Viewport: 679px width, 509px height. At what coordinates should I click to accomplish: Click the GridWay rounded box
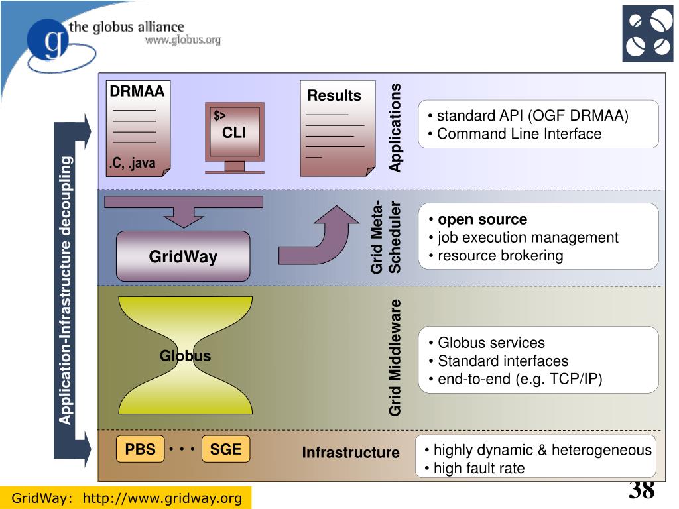point(183,256)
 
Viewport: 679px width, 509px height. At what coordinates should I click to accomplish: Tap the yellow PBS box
point(141,449)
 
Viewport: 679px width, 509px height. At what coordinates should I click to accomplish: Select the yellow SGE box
point(225,449)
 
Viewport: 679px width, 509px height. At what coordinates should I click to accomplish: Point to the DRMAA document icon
point(138,129)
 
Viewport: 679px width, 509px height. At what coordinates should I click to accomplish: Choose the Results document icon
point(338,128)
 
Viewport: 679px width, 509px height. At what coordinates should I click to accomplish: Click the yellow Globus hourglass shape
point(186,355)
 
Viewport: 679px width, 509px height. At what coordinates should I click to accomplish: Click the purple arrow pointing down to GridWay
point(184,211)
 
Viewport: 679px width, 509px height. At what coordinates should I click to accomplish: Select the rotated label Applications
point(395,128)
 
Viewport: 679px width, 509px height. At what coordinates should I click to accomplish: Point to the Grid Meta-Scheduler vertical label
point(385,237)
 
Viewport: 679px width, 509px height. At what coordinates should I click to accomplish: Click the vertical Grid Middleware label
point(395,357)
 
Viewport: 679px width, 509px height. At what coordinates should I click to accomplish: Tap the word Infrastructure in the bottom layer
point(351,452)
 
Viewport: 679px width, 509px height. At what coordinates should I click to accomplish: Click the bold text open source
point(483,219)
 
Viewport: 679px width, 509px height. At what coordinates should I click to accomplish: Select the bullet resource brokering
point(496,256)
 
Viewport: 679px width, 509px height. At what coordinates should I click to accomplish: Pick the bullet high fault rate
point(475,469)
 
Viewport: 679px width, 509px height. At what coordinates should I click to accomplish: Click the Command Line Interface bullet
point(515,134)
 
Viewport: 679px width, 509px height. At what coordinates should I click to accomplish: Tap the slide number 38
point(642,491)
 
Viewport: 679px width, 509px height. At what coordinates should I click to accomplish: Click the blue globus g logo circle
point(48,40)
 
